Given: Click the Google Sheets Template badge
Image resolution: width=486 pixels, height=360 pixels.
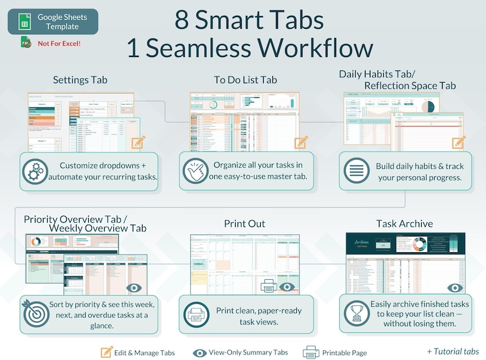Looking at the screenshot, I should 53,22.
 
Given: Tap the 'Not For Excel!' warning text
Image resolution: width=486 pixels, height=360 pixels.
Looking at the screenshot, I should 59,43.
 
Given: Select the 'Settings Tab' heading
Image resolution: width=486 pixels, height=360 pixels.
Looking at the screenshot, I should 80,80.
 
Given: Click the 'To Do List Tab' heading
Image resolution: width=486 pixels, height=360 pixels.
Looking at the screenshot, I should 245,80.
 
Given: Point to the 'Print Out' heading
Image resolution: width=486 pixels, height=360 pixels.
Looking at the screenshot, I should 244,223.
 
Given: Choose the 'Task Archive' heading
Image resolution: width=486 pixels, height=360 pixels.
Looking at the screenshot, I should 404,223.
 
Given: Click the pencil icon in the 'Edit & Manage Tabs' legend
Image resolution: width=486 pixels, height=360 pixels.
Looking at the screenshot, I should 107,352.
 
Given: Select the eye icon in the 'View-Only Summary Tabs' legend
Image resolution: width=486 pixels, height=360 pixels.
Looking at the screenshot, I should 200,353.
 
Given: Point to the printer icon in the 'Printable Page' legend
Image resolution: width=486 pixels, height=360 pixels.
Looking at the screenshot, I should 311,352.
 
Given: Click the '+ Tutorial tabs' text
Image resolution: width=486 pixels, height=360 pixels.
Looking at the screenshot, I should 453,351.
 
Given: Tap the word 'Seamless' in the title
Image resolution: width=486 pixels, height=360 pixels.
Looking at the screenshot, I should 203,48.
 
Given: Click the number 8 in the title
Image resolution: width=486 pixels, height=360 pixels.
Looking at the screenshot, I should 182,20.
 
